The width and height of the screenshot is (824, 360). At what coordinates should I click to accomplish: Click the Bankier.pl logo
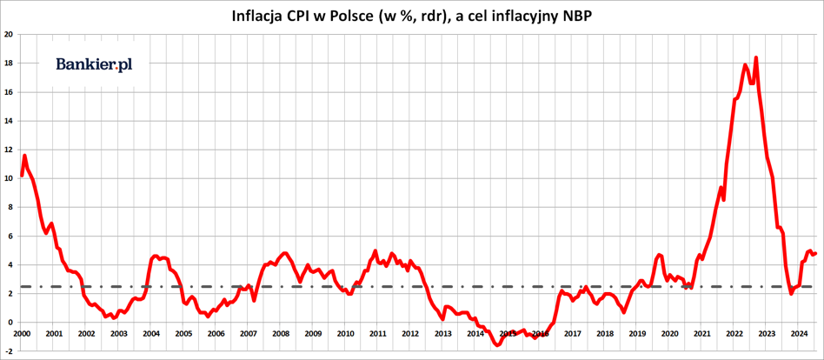click(x=94, y=64)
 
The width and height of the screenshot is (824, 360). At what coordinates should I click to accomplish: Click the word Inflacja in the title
click(x=260, y=16)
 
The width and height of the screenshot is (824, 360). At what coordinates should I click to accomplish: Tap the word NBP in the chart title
click(x=575, y=16)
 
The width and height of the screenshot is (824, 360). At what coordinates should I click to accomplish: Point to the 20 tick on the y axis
click(x=8, y=35)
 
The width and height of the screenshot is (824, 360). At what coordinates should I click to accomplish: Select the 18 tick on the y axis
click(x=8, y=63)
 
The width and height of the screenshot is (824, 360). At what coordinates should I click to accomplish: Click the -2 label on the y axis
click(x=8, y=350)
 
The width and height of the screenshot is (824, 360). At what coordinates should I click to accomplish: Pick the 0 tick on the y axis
click(x=10, y=322)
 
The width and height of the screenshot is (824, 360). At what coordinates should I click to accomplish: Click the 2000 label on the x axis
click(x=22, y=334)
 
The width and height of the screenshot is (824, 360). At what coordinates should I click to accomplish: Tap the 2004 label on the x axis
click(x=151, y=334)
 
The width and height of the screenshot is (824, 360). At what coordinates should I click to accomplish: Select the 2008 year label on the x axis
click(x=281, y=334)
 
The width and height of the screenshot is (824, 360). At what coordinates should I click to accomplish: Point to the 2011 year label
click(x=378, y=334)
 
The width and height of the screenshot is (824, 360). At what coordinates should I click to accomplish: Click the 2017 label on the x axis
click(x=573, y=334)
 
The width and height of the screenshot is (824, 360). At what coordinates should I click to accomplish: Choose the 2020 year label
click(x=670, y=334)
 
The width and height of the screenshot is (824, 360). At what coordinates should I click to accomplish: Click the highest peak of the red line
click(x=756, y=57)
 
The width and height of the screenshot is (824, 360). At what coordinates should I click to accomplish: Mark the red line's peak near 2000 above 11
click(x=24, y=156)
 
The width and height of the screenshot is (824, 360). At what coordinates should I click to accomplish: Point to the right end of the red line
click(x=815, y=253)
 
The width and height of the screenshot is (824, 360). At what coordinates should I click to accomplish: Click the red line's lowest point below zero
click(x=497, y=345)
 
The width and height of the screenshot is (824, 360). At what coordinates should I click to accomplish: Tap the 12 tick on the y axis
click(x=8, y=150)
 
